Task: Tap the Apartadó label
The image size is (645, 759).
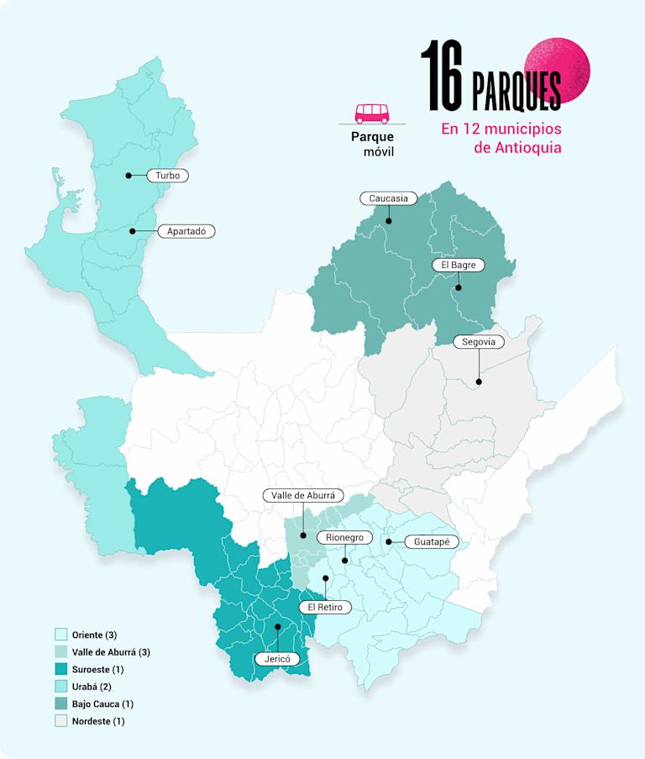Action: click(186, 230)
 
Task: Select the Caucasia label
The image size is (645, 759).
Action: click(389, 198)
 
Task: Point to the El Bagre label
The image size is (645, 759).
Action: click(459, 265)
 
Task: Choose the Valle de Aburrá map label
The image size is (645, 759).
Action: click(303, 496)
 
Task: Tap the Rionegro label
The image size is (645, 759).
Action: click(344, 537)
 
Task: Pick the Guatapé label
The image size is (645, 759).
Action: click(431, 542)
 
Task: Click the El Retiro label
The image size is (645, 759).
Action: click(324, 607)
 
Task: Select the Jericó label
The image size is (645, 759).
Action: click(277, 659)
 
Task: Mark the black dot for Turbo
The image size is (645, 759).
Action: click(128, 176)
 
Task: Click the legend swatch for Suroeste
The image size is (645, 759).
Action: click(61, 670)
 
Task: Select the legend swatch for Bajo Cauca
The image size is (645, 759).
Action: click(61, 704)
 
